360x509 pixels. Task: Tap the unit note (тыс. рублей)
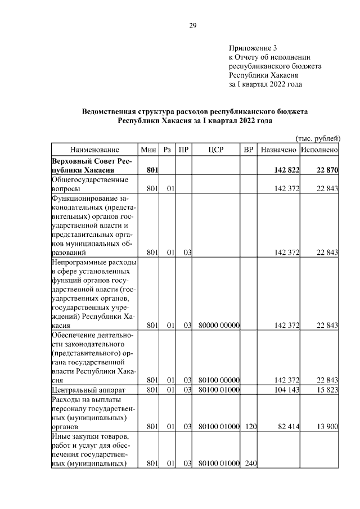click(x=318, y=138)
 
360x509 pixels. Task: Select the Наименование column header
click(x=94, y=150)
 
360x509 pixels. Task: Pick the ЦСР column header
click(x=216, y=150)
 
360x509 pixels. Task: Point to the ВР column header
click(x=249, y=150)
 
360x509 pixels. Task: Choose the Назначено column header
click(x=278, y=150)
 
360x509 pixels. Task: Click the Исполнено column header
click(x=319, y=150)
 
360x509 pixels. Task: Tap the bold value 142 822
click(x=286, y=170)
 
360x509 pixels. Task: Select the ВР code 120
click(x=250, y=427)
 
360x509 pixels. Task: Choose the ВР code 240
click(x=250, y=464)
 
